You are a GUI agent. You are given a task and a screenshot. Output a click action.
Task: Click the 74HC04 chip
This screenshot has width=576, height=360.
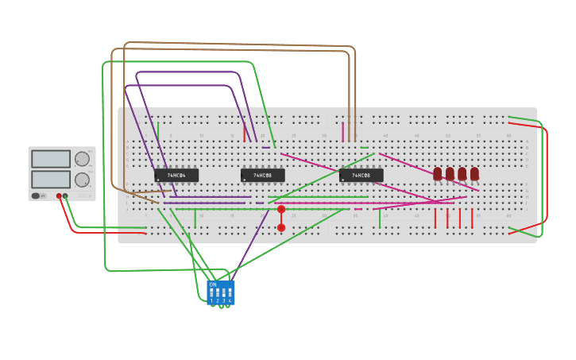pyautogui.click(x=176, y=175)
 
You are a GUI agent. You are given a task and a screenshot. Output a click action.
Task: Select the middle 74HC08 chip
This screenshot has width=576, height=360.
pyautogui.click(x=262, y=175)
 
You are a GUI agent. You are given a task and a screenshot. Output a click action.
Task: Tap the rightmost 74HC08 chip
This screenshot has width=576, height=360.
pyautogui.click(x=361, y=175)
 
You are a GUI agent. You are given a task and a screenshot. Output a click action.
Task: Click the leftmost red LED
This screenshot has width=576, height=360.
pyautogui.click(x=437, y=173)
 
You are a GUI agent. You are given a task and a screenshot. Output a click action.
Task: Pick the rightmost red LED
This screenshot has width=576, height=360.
pyautogui.click(x=474, y=173)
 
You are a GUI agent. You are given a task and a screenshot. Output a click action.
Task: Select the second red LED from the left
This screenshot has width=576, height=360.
pyautogui.click(x=450, y=173)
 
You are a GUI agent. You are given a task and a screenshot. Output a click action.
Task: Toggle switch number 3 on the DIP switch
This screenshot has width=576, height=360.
pyautogui.click(x=223, y=293)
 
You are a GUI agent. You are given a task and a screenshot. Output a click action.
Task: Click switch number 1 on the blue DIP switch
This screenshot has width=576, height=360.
pyautogui.click(x=211, y=293)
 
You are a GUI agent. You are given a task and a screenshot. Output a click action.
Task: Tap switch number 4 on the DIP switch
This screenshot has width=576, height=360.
pyautogui.click(x=230, y=293)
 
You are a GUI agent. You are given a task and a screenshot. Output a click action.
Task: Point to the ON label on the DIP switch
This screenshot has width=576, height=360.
pyautogui.click(x=213, y=284)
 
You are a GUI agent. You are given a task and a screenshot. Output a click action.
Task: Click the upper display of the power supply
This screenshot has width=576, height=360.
pyautogui.click(x=51, y=159)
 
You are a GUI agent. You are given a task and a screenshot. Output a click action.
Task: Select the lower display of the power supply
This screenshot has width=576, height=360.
pyautogui.click(x=51, y=179)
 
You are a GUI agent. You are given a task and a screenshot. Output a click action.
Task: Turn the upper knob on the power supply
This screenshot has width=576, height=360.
pyautogui.click(x=82, y=159)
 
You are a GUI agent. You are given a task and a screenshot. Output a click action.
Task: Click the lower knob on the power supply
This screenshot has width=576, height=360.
pyautogui.click(x=82, y=180)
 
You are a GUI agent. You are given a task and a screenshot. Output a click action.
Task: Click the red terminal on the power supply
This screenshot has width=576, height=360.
pyautogui.click(x=59, y=195)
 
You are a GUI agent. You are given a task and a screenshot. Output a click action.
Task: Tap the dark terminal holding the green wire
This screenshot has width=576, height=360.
pyautogui.click(x=65, y=195)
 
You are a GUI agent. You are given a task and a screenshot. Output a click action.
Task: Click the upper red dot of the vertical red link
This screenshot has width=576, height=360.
pyautogui.click(x=281, y=210)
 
